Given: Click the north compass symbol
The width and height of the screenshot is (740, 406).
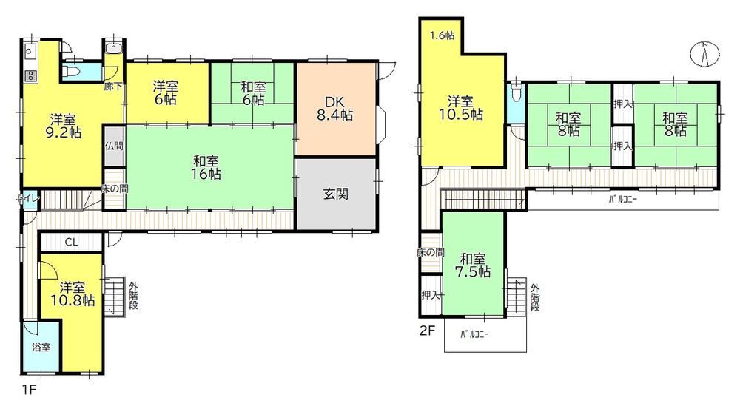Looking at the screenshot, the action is point(704,54).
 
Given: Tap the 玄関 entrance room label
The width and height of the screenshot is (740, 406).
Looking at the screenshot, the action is point(335,194).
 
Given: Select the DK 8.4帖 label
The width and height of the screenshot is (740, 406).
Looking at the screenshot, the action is point(334,109).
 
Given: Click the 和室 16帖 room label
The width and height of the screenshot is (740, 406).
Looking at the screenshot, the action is point(206,167).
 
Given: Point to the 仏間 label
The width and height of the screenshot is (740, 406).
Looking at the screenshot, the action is point(114,146).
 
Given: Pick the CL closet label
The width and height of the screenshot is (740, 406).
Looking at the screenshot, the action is point(71,243).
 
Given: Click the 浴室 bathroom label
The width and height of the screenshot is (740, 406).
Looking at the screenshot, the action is point(41,348).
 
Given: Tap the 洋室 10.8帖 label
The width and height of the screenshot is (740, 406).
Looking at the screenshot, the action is point(73,294).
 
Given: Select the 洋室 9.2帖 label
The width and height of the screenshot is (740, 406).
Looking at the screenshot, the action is point(64,126).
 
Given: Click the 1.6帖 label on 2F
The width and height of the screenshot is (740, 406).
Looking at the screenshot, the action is point(443,35).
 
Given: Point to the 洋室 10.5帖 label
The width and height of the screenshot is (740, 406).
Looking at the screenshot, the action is point(461,107).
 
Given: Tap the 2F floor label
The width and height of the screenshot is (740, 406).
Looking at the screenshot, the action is point(427,331).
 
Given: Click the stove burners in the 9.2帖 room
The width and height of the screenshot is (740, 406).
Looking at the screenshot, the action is point(30,75).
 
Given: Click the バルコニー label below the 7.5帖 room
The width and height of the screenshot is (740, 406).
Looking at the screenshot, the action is point(475,335).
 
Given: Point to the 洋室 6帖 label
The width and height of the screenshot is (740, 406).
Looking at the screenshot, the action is point(165,93).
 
